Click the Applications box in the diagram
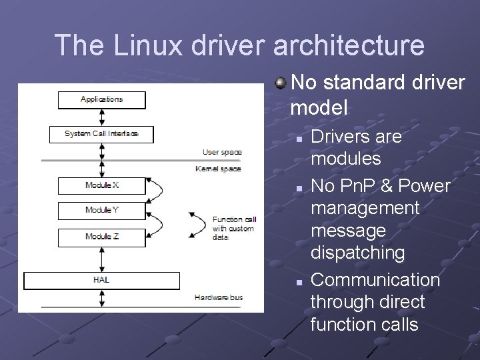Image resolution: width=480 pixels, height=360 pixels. point(101,100)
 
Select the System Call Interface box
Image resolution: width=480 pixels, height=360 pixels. point(101,134)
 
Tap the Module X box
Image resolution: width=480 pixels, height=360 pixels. point(101,185)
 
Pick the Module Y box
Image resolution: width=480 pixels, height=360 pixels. point(101,211)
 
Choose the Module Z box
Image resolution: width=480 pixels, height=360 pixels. point(101,237)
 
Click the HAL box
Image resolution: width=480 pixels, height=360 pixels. point(101,280)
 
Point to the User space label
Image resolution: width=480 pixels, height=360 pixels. point(222,153)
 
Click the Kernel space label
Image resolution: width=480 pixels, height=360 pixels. point(218,169)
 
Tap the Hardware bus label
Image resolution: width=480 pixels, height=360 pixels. point(219,297)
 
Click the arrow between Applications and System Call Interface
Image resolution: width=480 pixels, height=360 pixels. point(101,117)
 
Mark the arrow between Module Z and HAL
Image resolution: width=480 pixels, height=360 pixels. point(101,259)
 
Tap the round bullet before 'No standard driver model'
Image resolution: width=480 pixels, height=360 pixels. point(281,83)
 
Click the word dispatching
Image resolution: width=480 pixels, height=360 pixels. point(357,253)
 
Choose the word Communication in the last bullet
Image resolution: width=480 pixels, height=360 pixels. point(375,280)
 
